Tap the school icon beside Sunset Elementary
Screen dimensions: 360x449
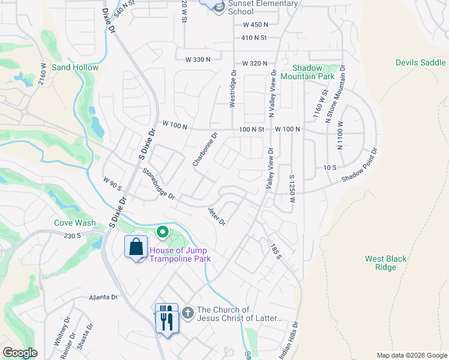pos(217,6)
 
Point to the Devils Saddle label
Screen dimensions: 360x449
pos(420,62)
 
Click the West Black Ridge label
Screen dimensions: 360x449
pos(386,263)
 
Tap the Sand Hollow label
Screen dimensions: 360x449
pos(75,68)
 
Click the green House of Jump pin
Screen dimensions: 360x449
pos(162,232)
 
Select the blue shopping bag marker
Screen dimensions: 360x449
pos(136,247)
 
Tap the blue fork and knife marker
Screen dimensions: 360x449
pos(166,317)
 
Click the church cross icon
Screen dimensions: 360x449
pos(188,313)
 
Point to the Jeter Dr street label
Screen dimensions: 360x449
pos(216,217)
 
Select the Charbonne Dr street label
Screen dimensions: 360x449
pos(204,150)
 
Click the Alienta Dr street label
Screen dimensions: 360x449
pos(103,297)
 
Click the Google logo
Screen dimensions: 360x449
pos(20,353)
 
